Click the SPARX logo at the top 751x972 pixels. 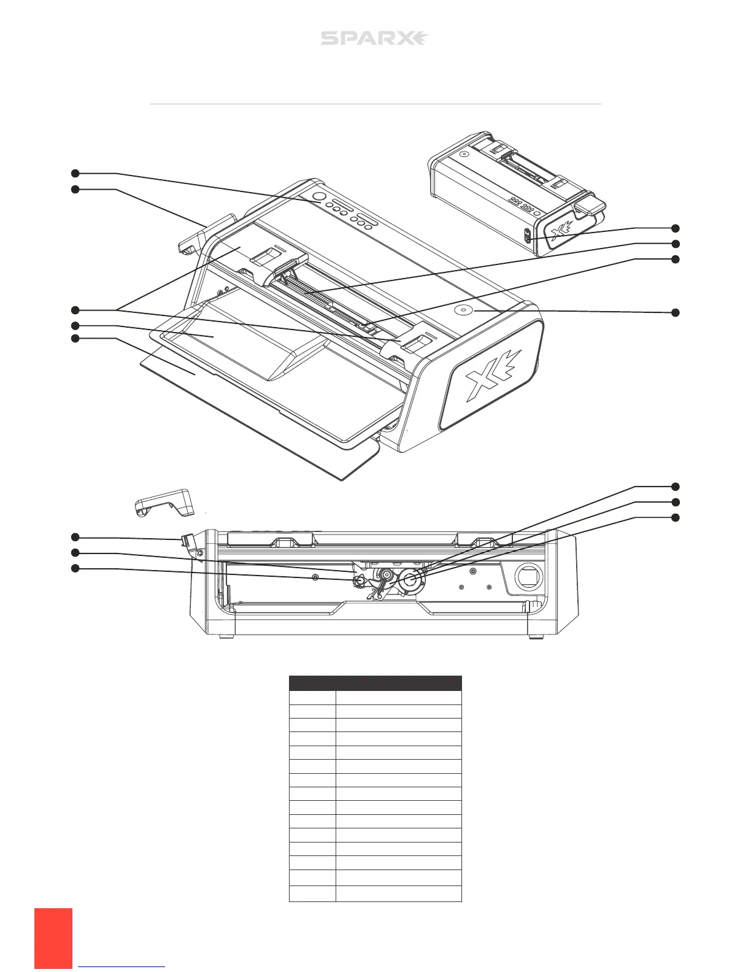tap(374, 39)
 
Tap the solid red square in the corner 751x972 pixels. tap(53, 939)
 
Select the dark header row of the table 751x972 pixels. tap(375, 683)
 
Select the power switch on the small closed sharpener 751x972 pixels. tap(527, 236)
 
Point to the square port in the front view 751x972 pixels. tap(527, 577)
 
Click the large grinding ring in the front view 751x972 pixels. tap(410, 579)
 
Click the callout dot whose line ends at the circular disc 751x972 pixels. tap(676, 312)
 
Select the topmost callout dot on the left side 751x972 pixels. tap(75, 174)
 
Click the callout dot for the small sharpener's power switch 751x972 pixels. tap(676, 228)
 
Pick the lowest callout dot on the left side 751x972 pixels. tap(75, 568)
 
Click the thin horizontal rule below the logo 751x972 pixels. tap(375, 104)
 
